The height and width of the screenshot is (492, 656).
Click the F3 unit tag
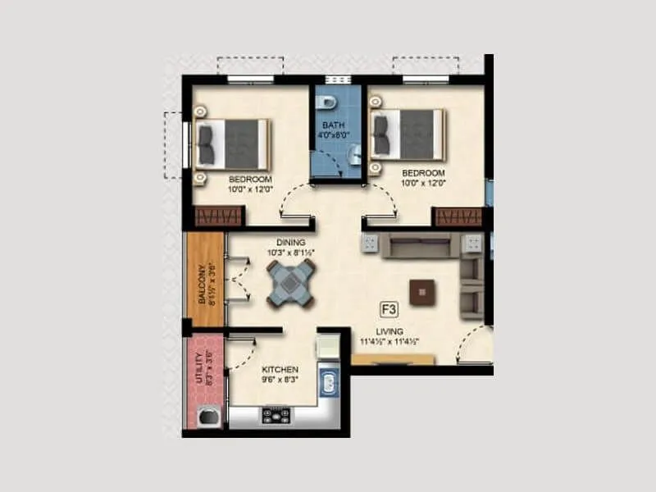[x=389, y=309]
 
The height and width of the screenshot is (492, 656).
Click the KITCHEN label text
[x=280, y=370]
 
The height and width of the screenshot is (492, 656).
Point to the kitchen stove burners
[x=276, y=415]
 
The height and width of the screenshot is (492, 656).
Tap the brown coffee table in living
[x=423, y=290]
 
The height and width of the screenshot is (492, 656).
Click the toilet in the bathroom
[x=326, y=102]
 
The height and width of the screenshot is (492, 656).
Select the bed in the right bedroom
[x=408, y=134]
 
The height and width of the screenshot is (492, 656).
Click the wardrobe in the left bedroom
[x=218, y=217]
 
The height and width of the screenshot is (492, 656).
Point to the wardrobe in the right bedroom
[x=458, y=217]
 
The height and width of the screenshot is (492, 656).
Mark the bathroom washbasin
[x=353, y=154]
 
